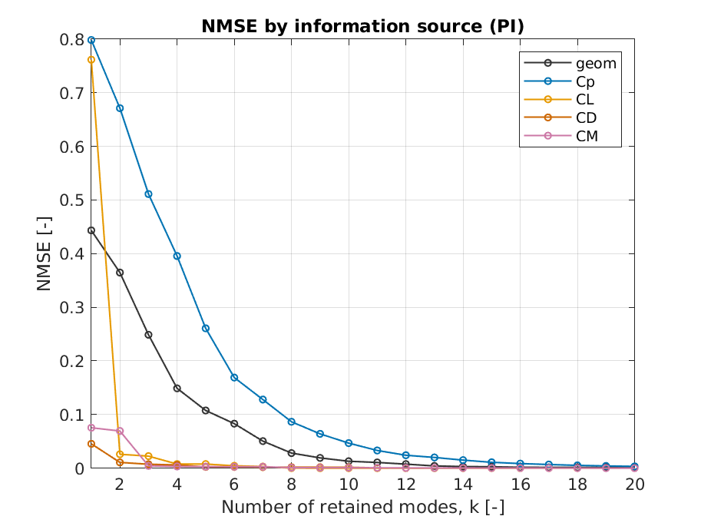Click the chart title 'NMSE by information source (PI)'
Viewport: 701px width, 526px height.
[362, 26]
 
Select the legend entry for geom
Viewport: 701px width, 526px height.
[596, 63]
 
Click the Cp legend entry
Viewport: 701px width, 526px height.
[586, 81]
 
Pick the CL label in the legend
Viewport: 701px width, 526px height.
[586, 100]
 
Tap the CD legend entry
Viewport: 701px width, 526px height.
[587, 118]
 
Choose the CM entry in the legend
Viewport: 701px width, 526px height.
[587, 137]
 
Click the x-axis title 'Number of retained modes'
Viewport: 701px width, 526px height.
[362, 508]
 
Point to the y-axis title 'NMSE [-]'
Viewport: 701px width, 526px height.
[45, 253]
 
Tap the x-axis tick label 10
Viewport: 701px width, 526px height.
[349, 485]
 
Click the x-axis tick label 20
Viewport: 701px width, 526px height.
[634, 485]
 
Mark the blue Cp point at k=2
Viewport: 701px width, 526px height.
[120, 108]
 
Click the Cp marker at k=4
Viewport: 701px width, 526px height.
[177, 256]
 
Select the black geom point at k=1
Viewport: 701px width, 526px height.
[91, 230]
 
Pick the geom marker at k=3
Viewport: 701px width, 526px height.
[148, 335]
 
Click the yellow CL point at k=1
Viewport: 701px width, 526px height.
[91, 60]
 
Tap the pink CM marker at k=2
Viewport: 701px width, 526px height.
[120, 431]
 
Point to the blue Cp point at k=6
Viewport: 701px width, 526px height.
[234, 378]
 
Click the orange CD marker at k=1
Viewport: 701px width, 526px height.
[91, 444]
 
